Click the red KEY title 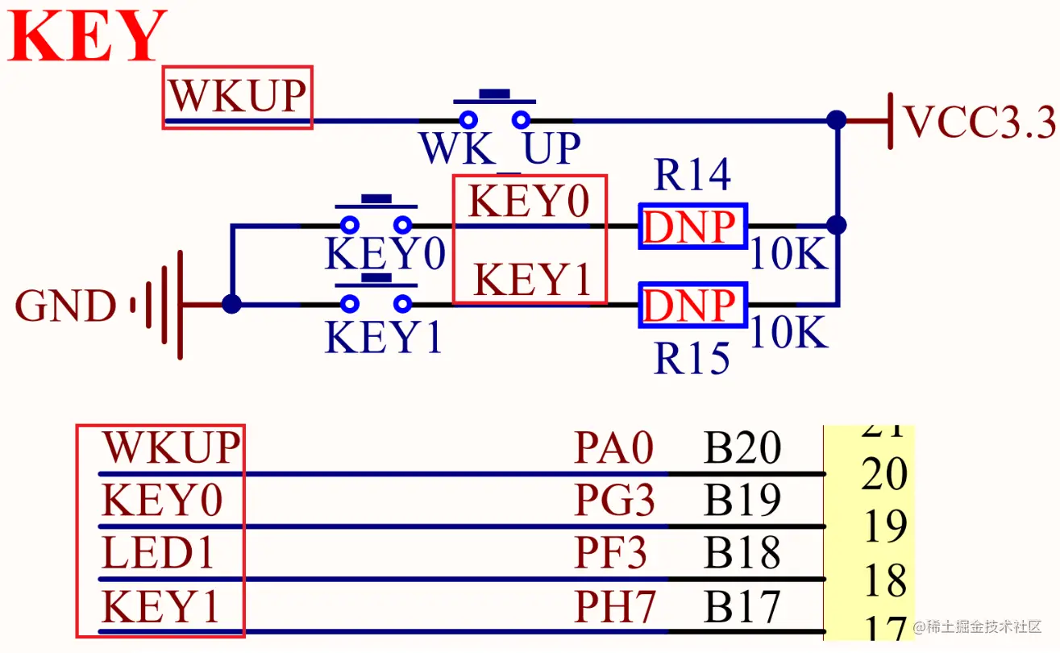tap(87, 35)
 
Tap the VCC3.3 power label tap(979, 122)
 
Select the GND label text tap(65, 306)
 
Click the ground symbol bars tap(157, 306)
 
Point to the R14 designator tap(692, 175)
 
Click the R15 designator tap(692, 358)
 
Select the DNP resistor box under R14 tap(692, 227)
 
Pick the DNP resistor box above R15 tap(692, 305)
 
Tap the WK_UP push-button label tap(500, 148)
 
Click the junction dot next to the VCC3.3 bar tap(837, 119)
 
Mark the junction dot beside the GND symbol tap(231, 304)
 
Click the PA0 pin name tap(613, 447)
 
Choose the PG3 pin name tap(615, 500)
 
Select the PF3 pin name tap(611, 552)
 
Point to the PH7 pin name tap(615, 605)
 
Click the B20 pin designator tap(742, 447)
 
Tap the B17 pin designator tap(742, 605)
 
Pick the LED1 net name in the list tap(158, 552)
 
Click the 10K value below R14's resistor tap(789, 254)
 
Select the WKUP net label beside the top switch tap(238, 96)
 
